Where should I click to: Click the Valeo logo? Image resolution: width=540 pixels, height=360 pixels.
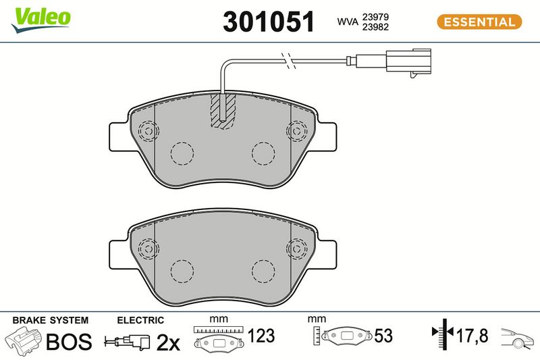(40, 20)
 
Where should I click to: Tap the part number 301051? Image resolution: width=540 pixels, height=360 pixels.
(269, 22)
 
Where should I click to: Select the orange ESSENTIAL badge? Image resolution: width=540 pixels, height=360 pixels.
(479, 22)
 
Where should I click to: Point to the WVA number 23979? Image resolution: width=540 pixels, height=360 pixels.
(375, 17)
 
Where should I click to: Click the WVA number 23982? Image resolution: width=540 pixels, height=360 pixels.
(375, 27)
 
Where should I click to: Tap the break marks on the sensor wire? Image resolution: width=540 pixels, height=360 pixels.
(289, 61)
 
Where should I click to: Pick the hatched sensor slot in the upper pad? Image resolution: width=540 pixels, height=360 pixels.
(223, 111)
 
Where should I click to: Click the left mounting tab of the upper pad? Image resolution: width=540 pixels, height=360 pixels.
(119, 136)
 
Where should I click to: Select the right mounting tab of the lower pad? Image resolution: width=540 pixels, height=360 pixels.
(327, 255)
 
